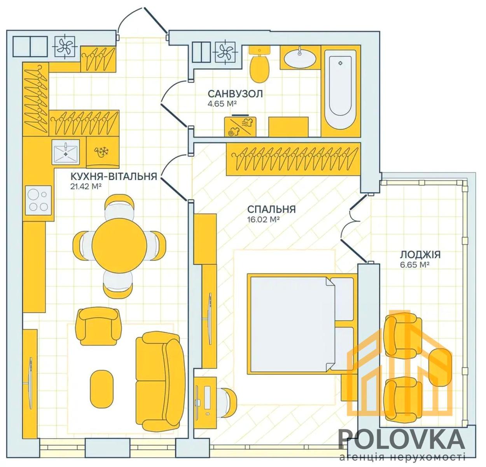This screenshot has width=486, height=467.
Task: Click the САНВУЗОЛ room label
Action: point(235,94)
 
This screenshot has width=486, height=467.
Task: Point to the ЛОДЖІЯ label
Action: point(420,255)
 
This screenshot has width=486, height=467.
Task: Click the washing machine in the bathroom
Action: point(240,127)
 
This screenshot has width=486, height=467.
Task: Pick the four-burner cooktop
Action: point(38,200)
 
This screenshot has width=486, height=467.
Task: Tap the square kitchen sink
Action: point(66,152)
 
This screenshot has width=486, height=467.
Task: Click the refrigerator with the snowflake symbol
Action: point(103,152)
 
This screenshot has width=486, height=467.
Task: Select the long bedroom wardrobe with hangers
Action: point(294,159)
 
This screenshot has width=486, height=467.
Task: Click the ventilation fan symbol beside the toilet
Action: point(225,53)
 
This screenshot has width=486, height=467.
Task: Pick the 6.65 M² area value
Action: point(415,265)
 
